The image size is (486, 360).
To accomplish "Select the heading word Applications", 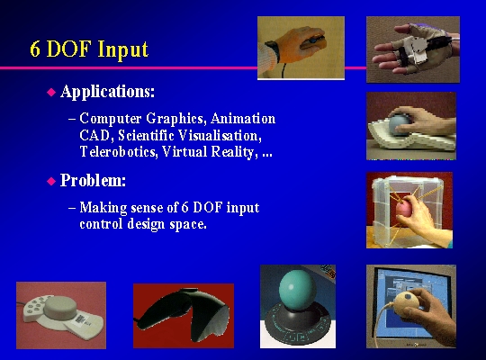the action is (107, 92).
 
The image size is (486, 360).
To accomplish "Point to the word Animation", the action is (243, 119).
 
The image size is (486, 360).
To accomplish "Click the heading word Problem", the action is (93, 180).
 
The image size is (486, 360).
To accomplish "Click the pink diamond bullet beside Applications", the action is (51, 92).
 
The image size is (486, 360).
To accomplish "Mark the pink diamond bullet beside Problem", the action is (51, 181).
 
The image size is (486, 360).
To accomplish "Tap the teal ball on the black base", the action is (296, 290).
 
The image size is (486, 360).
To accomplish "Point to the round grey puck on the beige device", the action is (60, 308).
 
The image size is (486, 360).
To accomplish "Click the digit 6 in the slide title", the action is (35, 49).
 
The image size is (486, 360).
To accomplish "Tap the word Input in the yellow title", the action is (123, 49).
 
